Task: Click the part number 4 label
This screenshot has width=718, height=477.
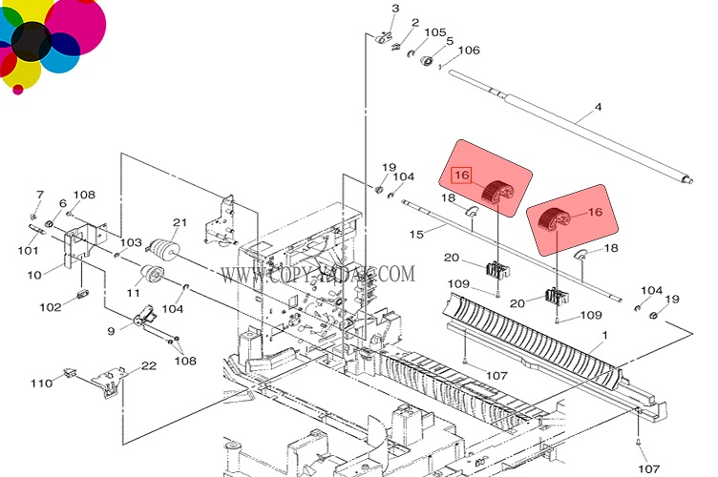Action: click(x=599, y=107)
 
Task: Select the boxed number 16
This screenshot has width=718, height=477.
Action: click(x=462, y=176)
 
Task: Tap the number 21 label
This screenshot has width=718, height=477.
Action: click(x=179, y=223)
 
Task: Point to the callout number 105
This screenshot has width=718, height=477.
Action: click(x=434, y=32)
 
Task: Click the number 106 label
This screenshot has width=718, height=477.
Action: click(x=469, y=51)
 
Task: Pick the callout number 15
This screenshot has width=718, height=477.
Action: click(x=415, y=234)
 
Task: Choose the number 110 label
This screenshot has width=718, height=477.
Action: click(x=40, y=384)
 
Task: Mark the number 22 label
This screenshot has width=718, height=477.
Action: click(x=148, y=365)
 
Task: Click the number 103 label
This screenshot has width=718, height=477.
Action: click(x=130, y=243)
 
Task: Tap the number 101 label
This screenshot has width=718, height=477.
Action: click(x=28, y=252)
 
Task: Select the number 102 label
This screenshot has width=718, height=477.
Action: click(x=50, y=307)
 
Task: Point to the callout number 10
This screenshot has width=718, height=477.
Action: click(x=34, y=276)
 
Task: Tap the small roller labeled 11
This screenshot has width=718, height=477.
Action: click(x=151, y=275)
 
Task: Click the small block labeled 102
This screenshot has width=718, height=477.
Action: click(x=82, y=294)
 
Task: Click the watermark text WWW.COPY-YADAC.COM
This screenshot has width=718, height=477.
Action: click(x=317, y=274)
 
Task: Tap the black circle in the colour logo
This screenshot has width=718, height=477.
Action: click(x=32, y=41)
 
